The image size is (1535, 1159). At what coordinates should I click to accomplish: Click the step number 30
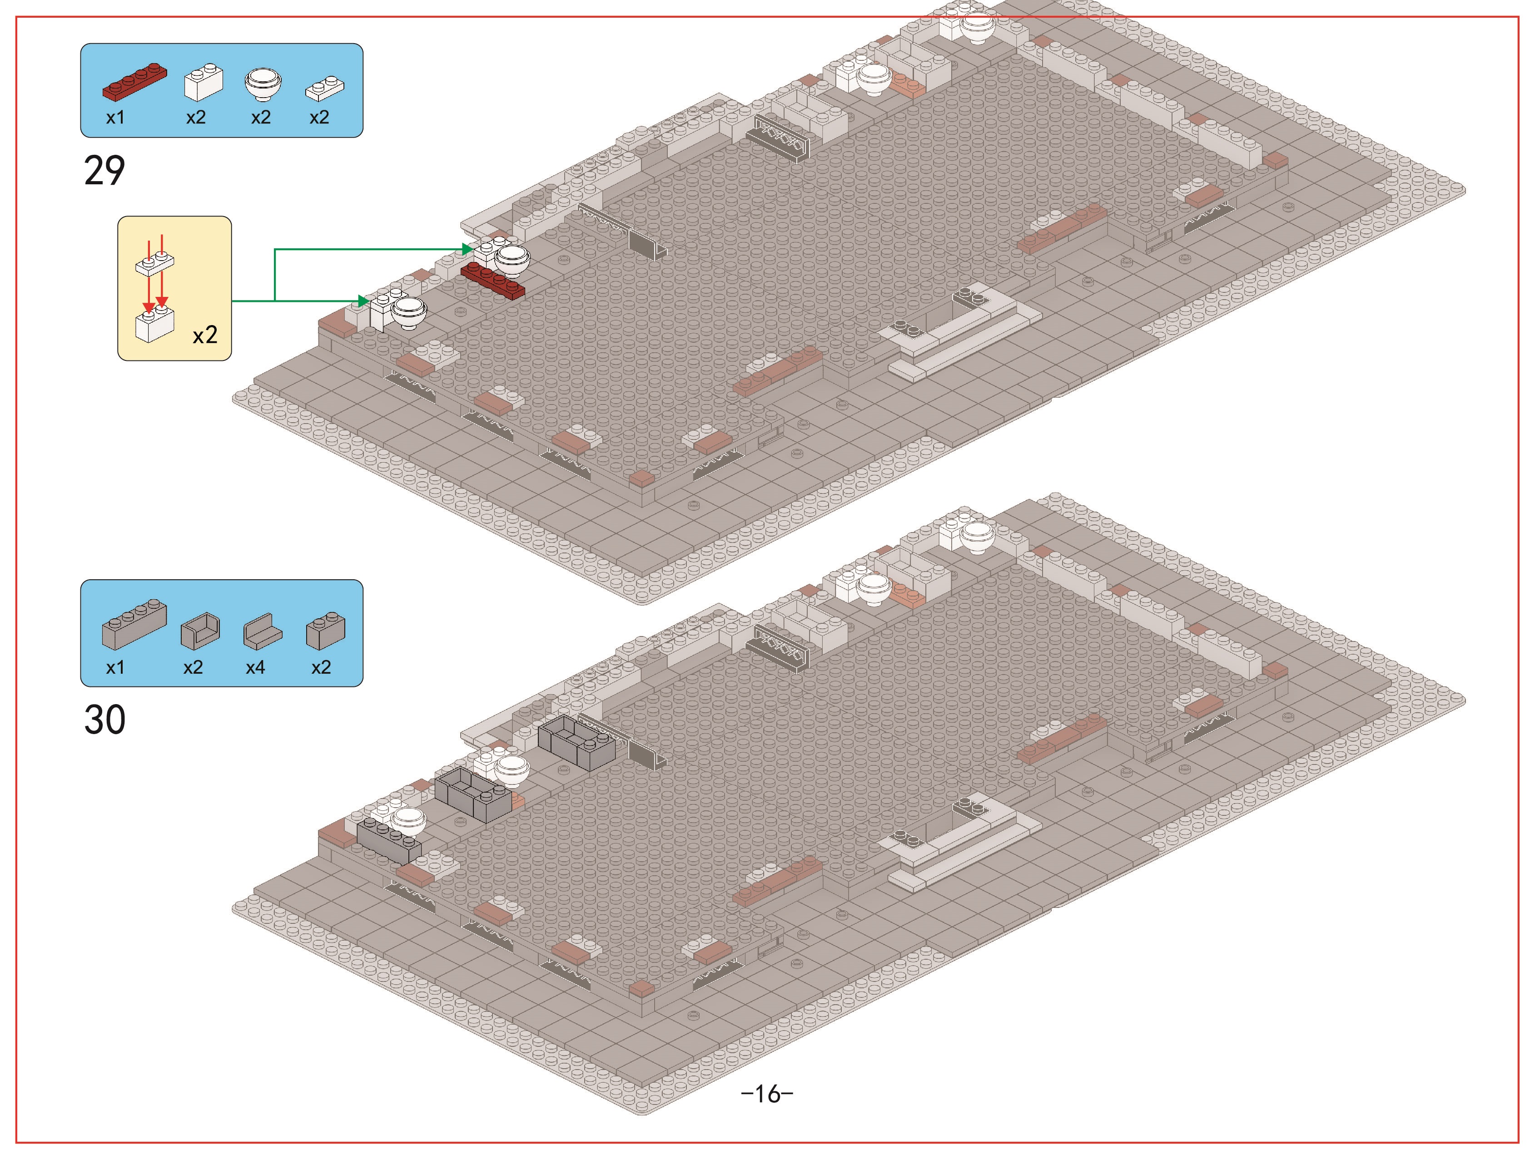[105, 720]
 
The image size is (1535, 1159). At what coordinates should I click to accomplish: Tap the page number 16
[767, 1094]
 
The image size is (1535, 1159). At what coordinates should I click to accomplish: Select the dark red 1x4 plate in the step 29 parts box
[134, 82]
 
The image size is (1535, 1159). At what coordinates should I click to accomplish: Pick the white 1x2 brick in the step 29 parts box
[204, 83]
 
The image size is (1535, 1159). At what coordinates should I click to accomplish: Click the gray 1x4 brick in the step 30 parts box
[134, 624]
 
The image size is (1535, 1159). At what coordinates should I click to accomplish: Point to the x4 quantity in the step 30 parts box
[255, 667]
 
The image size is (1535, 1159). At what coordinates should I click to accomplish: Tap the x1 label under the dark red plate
[115, 117]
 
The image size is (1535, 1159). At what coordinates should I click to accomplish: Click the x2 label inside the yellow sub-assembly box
[205, 335]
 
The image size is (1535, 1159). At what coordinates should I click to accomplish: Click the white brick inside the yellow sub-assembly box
[154, 324]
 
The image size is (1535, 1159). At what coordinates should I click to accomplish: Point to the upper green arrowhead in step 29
[467, 249]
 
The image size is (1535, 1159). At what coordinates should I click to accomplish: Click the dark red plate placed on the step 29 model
[493, 280]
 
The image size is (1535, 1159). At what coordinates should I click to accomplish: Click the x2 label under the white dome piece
[261, 117]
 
